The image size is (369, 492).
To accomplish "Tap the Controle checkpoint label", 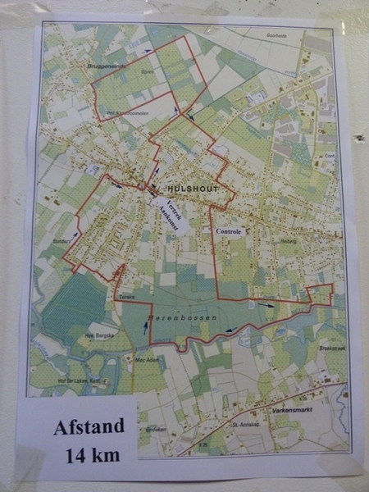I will point(229,232).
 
